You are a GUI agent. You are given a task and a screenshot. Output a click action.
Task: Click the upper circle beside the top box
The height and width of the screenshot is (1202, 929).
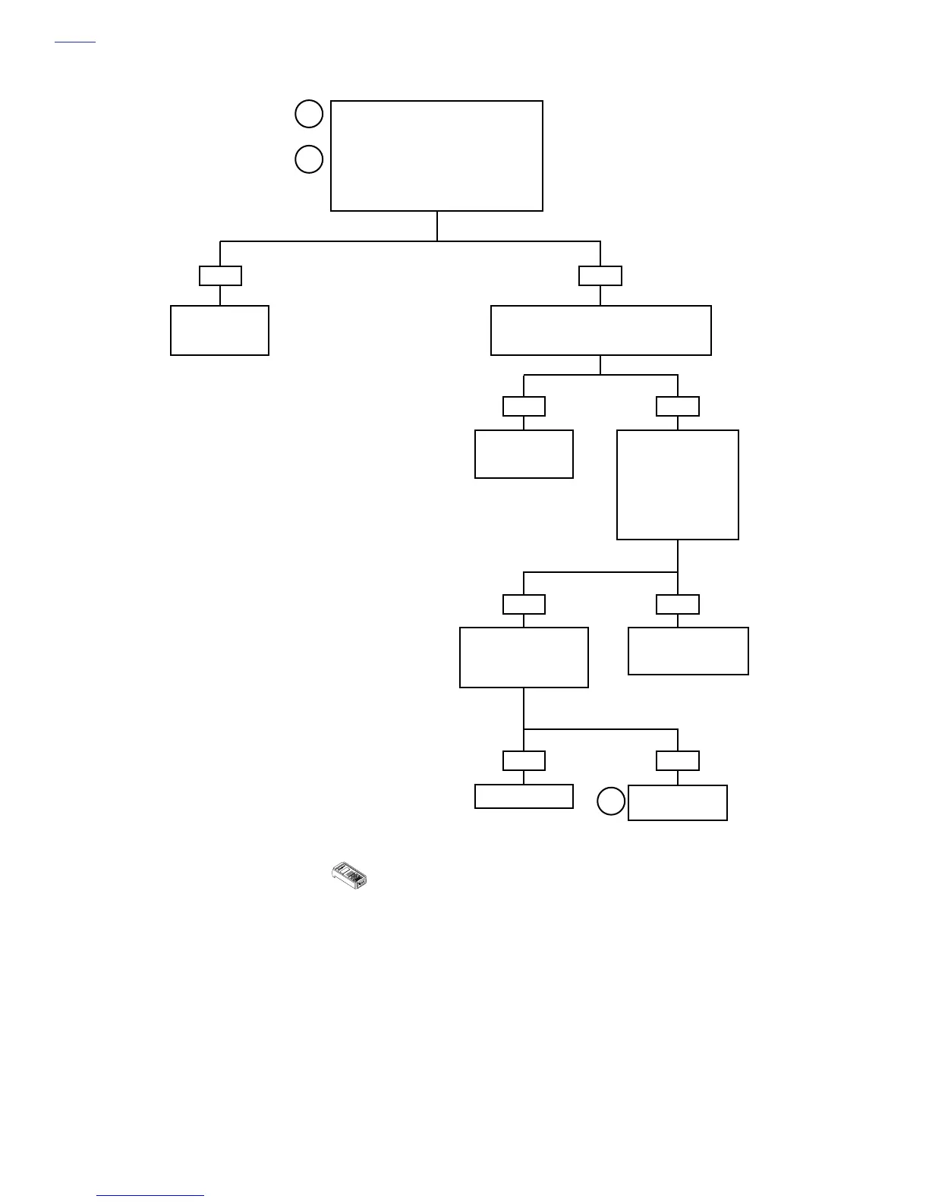pyautogui.click(x=309, y=115)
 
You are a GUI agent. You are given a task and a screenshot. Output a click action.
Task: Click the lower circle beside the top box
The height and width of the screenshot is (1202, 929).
pyautogui.click(x=309, y=159)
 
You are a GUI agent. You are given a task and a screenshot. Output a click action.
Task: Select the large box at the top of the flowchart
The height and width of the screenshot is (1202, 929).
pyautogui.click(x=436, y=156)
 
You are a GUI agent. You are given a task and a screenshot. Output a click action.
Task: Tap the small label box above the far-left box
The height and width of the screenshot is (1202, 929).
pyautogui.click(x=220, y=275)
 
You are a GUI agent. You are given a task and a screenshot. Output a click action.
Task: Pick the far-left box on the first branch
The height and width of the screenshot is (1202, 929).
pyautogui.click(x=219, y=330)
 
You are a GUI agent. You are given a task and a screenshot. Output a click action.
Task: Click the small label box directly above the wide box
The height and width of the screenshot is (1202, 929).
pyautogui.click(x=600, y=275)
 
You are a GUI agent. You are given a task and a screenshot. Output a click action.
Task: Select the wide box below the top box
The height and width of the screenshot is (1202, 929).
pyautogui.click(x=600, y=330)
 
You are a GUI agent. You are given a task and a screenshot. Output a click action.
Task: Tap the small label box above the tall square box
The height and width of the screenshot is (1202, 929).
pyautogui.click(x=677, y=406)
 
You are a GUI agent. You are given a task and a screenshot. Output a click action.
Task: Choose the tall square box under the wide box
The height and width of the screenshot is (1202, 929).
pyautogui.click(x=677, y=485)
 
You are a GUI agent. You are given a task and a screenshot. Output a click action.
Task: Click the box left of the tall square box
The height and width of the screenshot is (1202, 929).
pyautogui.click(x=524, y=454)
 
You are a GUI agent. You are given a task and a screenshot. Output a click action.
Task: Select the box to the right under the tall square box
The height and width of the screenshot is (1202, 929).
pyautogui.click(x=688, y=650)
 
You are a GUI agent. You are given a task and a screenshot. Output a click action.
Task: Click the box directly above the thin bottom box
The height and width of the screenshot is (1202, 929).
pyautogui.click(x=524, y=657)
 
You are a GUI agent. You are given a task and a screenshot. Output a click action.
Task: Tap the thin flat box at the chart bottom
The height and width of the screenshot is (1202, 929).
pyautogui.click(x=524, y=796)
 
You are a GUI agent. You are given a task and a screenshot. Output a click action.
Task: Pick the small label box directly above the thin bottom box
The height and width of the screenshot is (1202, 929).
pyautogui.click(x=524, y=760)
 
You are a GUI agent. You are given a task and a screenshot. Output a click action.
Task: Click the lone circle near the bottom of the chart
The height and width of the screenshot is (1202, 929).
pyautogui.click(x=610, y=801)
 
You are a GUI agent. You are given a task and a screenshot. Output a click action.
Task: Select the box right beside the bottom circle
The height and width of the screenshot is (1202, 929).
pyautogui.click(x=677, y=802)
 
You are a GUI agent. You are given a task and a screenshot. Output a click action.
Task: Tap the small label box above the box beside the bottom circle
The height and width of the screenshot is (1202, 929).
pyautogui.click(x=677, y=760)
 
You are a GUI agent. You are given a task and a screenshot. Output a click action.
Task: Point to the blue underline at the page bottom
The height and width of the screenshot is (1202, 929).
pyautogui.click(x=150, y=1196)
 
